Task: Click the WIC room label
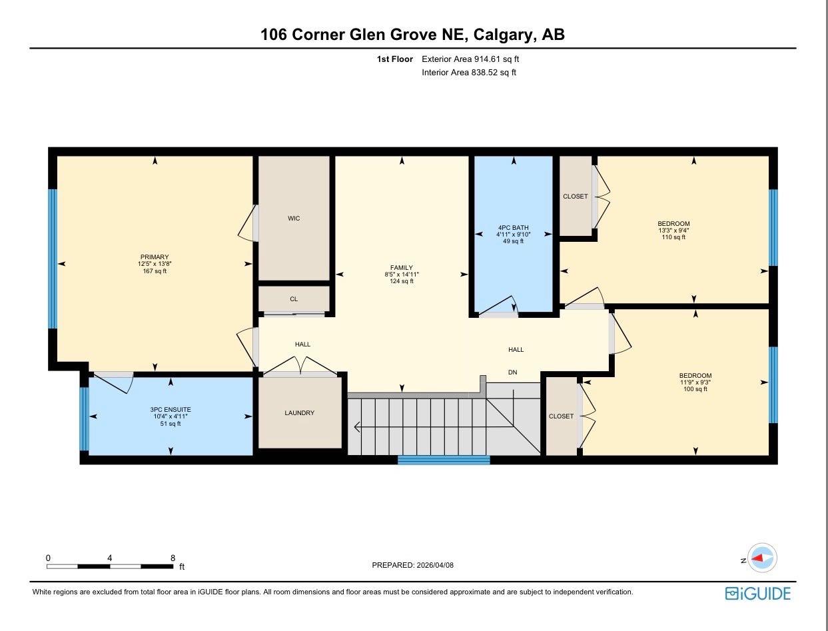click(294, 219)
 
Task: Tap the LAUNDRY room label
click(300, 413)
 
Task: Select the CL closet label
click(294, 299)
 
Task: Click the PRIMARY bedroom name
click(155, 257)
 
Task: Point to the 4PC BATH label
click(514, 228)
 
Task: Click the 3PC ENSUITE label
click(171, 410)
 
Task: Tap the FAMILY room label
click(402, 267)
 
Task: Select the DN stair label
click(513, 372)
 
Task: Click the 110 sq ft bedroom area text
click(673, 237)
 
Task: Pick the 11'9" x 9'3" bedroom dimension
click(695, 382)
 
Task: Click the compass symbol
click(762, 558)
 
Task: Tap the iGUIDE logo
click(758, 593)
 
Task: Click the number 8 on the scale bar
click(173, 558)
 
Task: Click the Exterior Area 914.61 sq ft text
click(470, 59)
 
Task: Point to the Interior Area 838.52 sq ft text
click(469, 73)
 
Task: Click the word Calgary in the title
click(504, 35)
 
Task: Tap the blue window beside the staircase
click(444, 460)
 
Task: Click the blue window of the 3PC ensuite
click(84, 418)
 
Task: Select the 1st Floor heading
click(395, 59)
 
